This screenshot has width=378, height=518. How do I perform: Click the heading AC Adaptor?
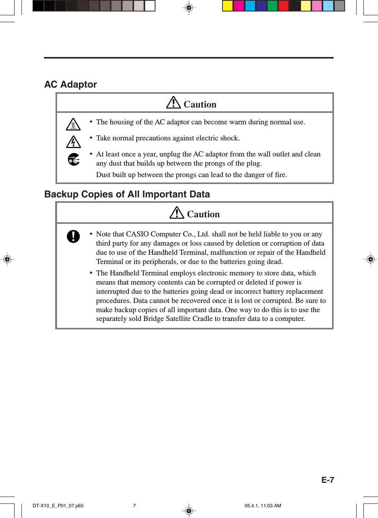[71, 85]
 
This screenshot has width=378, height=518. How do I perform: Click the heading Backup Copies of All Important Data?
[127, 194]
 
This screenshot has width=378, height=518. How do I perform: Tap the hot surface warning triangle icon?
[73, 124]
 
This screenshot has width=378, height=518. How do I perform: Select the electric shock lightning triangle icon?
[73, 142]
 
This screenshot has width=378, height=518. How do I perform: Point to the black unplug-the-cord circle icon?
[74, 159]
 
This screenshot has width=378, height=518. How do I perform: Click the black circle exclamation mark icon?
[73, 236]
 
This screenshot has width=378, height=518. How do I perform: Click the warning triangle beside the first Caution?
[173, 103]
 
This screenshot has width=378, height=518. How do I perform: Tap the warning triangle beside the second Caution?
[177, 212]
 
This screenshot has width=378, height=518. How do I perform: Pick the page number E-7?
[327, 480]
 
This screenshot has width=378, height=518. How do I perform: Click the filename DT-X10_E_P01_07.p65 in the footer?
[58, 506]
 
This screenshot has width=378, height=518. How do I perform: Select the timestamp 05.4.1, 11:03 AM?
[263, 506]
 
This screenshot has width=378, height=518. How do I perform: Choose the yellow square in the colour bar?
[228, 6]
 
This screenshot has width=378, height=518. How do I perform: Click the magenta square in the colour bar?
[239, 6]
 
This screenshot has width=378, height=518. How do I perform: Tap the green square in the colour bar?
[272, 6]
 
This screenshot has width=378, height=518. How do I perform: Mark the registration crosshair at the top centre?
[189, 7]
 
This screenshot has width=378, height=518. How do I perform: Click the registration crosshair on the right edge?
[370, 259]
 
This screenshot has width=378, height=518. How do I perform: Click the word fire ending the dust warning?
[280, 175]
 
